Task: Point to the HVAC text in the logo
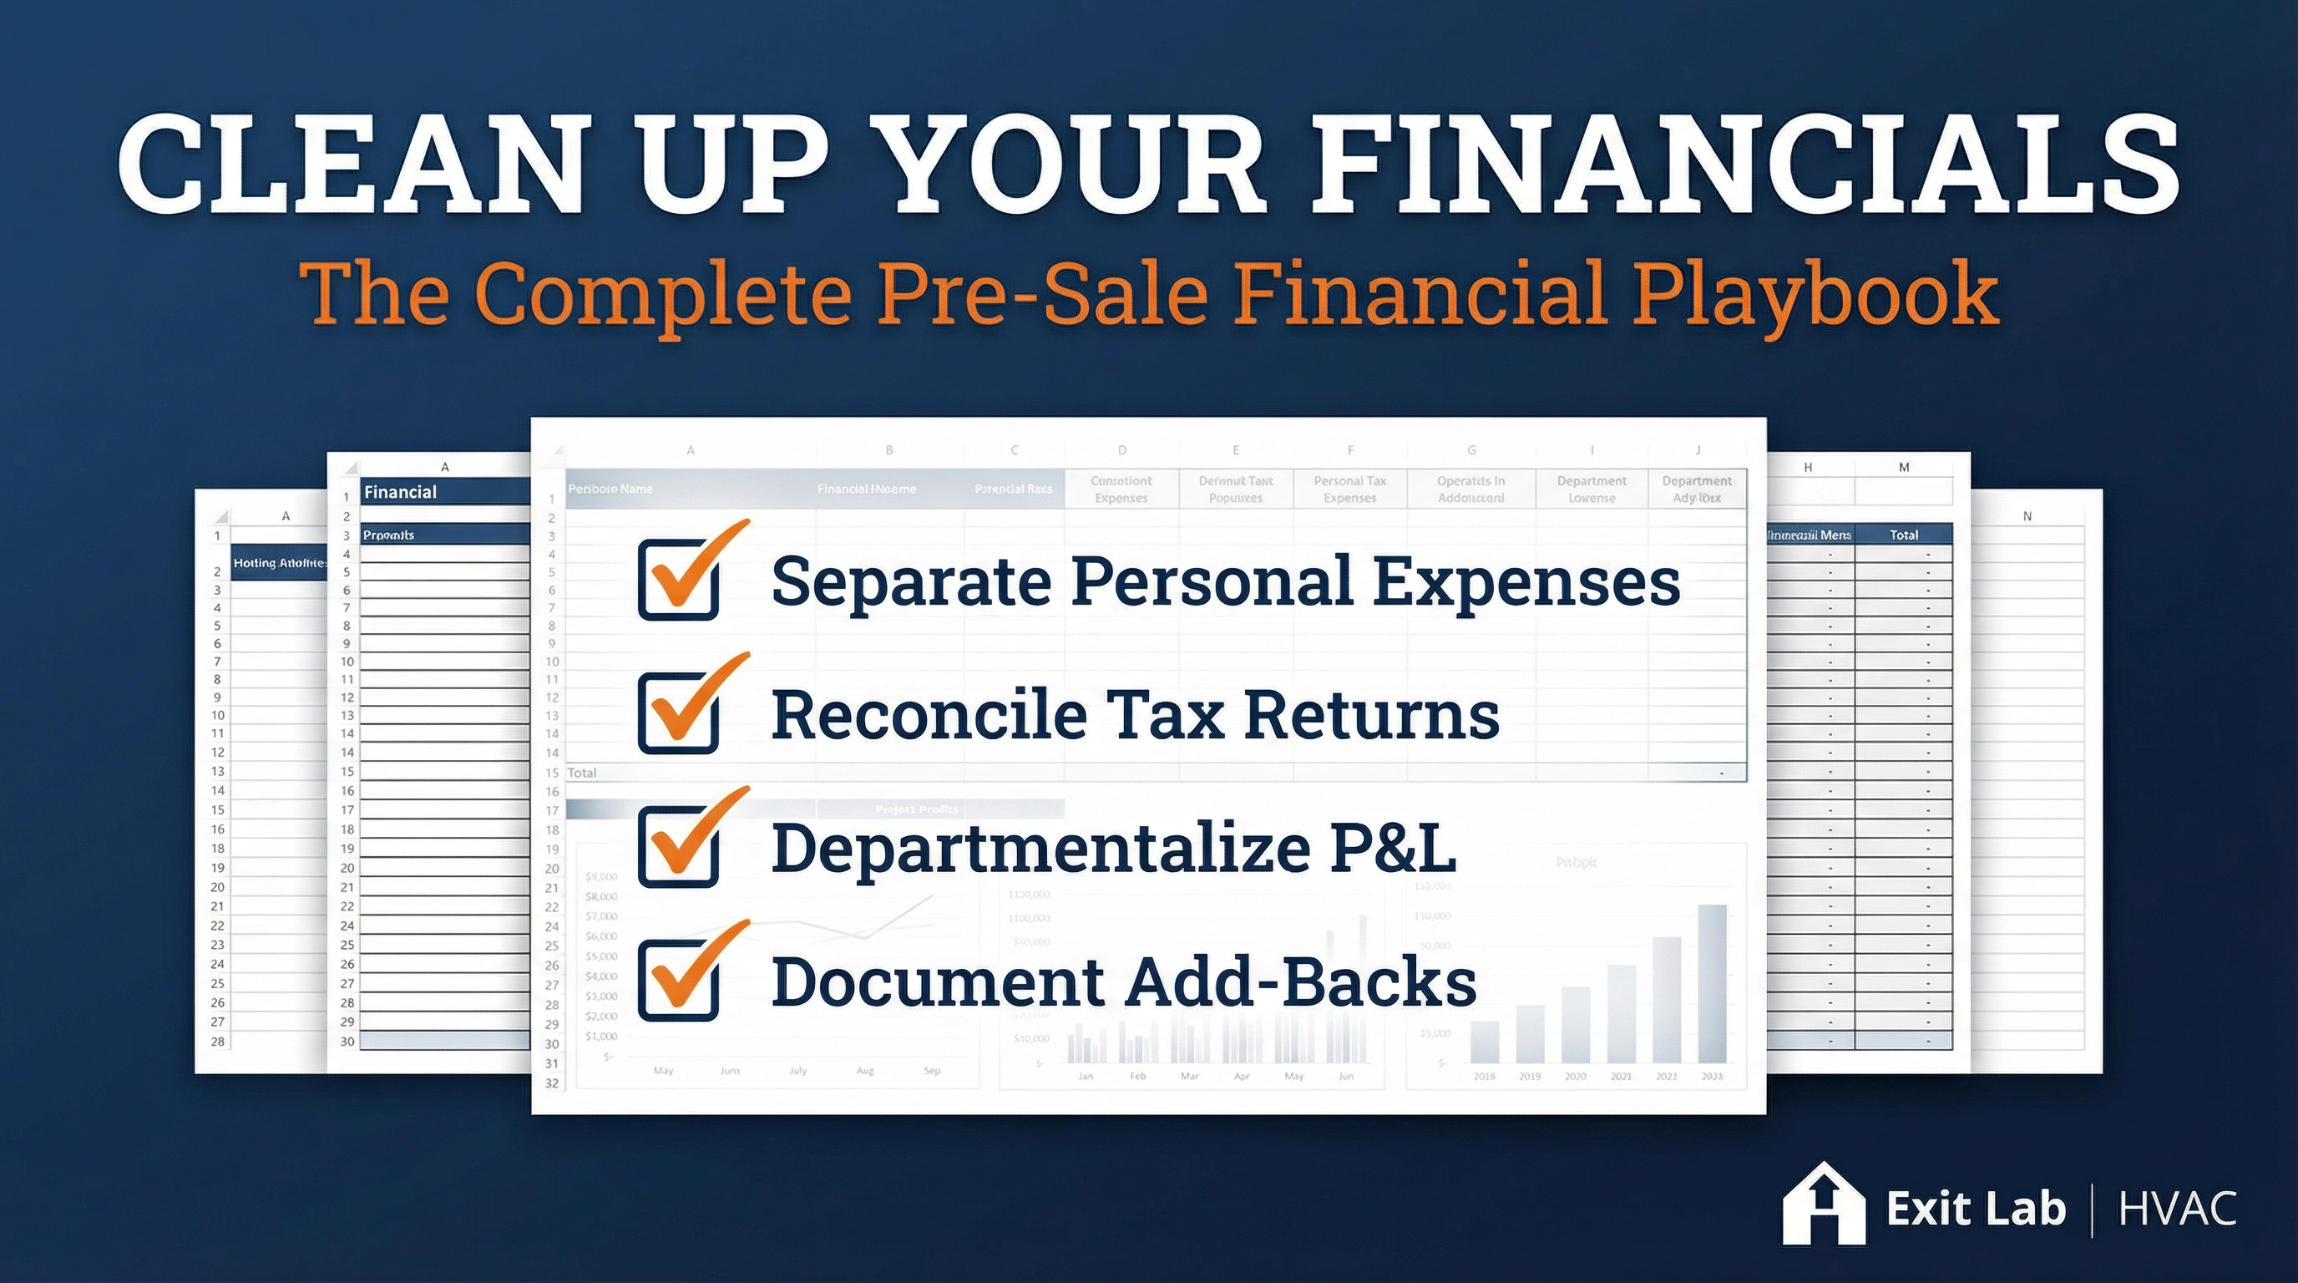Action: coord(2178,1209)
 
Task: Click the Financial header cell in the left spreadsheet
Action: coord(401,492)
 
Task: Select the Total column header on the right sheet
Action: coord(1904,535)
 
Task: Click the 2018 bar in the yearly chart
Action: coord(1485,1042)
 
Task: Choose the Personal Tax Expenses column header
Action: coord(1349,489)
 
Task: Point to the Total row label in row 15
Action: coord(582,773)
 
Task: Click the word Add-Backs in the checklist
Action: coord(1302,981)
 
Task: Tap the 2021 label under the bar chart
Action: coord(1621,1076)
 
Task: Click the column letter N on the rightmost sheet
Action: coord(2027,515)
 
